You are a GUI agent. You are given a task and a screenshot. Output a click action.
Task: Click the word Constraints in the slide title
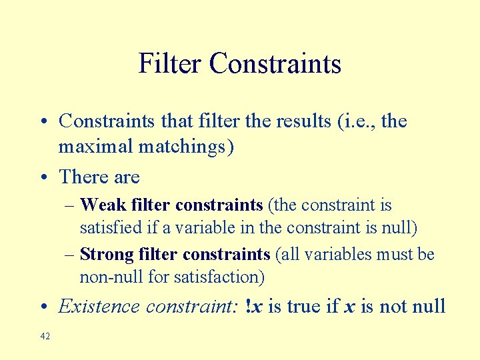click(275, 64)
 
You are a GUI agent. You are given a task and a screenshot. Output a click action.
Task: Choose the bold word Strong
click(107, 254)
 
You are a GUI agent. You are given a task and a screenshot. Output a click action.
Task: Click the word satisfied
click(110, 227)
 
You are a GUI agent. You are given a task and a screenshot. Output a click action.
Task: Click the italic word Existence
click(100, 307)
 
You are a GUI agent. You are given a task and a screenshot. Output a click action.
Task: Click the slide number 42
click(45, 337)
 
